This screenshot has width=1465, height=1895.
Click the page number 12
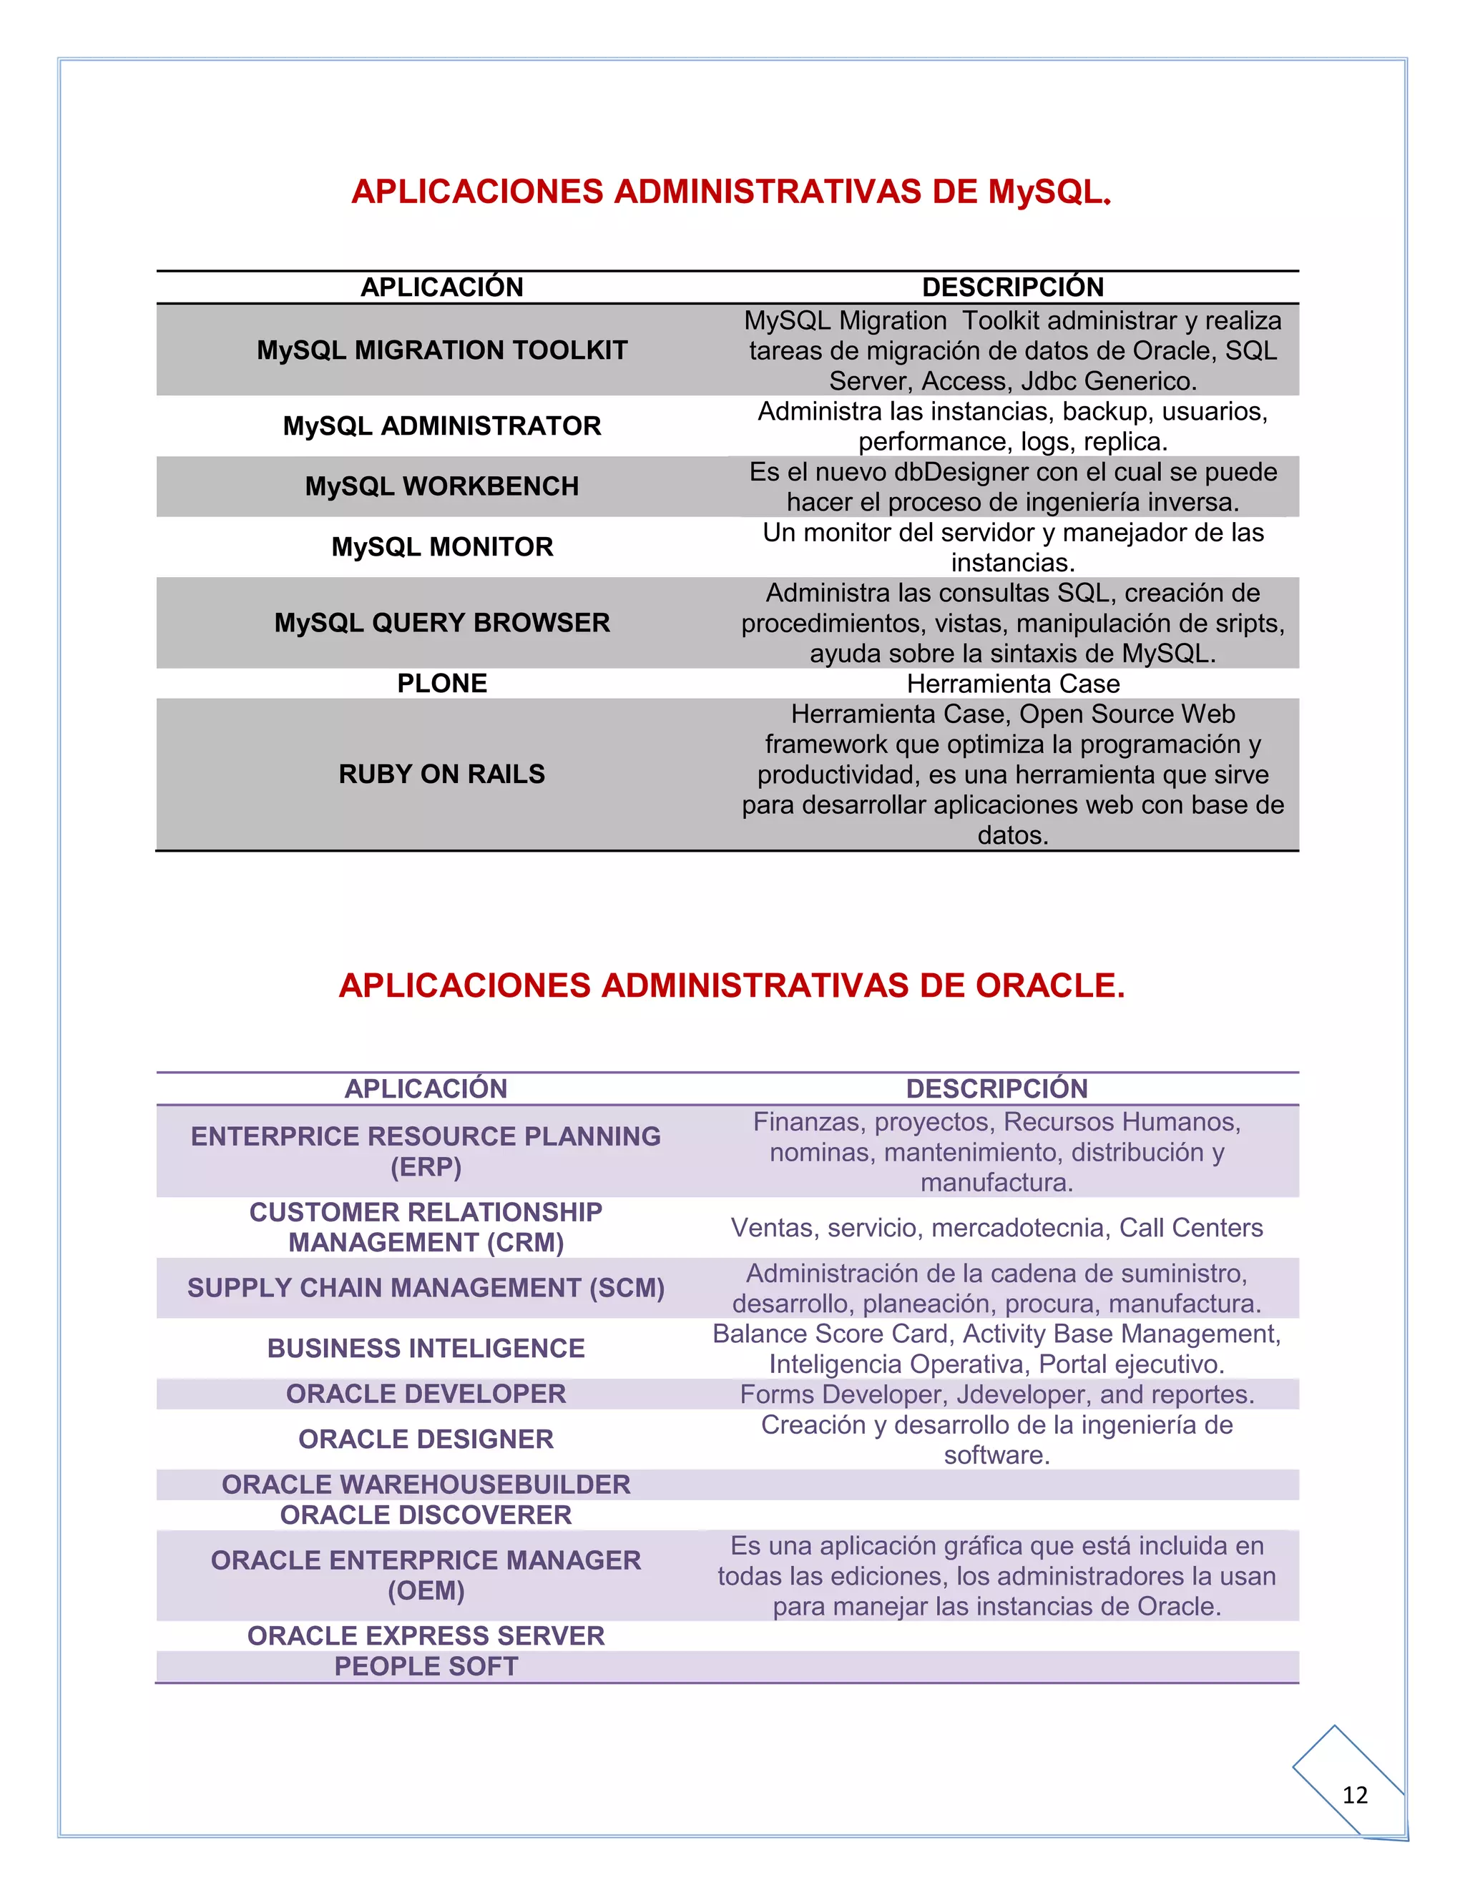[x=1354, y=1794]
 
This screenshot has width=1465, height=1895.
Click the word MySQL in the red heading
[x=1046, y=192]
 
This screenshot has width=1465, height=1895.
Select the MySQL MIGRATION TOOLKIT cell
[x=442, y=350]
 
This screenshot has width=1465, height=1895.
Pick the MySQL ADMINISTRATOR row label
[x=442, y=426]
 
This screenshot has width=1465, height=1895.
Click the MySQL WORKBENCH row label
[x=442, y=487]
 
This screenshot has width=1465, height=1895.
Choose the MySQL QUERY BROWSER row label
[x=442, y=623]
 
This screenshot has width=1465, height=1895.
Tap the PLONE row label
[x=442, y=684]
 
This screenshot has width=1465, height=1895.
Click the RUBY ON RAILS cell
[x=442, y=774]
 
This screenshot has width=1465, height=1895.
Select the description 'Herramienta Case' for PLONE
[x=1013, y=684]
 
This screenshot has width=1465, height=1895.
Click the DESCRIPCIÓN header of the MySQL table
[x=1013, y=287]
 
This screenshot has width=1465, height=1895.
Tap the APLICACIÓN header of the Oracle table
[x=426, y=1089]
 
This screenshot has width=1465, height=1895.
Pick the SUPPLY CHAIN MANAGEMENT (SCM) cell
[x=426, y=1288]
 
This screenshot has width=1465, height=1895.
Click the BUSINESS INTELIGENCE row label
[x=426, y=1349]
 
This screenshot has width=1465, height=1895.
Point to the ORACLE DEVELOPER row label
[x=426, y=1394]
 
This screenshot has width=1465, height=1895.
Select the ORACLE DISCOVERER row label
[x=426, y=1515]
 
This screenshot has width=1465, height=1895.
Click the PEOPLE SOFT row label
[x=426, y=1666]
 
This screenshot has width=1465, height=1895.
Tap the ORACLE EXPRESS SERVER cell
[x=426, y=1635]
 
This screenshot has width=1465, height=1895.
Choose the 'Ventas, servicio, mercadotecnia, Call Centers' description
[x=996, y=1228]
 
